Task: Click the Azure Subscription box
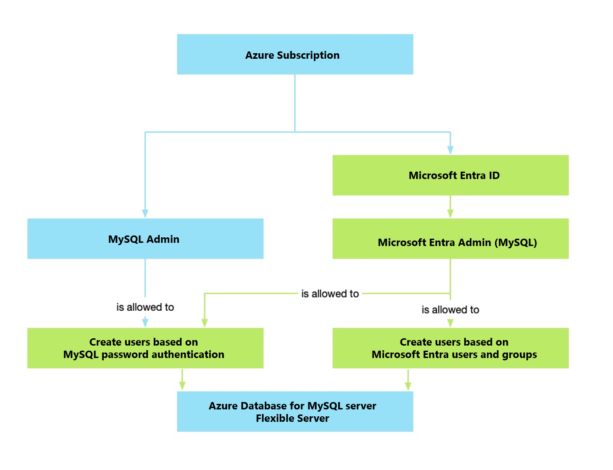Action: [295, 54]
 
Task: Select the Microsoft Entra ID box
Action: [450, 175]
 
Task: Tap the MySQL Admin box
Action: [145, 239]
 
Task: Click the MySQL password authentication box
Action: [145, 348]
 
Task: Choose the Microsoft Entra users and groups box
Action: [450, 348]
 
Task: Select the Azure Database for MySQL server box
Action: [295, 411]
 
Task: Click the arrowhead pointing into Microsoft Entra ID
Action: [450, 150]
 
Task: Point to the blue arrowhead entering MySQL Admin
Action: [145, 213]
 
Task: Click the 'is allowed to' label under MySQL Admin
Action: [145, 307]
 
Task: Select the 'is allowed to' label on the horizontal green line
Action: [330, 294]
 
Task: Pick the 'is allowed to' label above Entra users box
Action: [450, 310]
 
